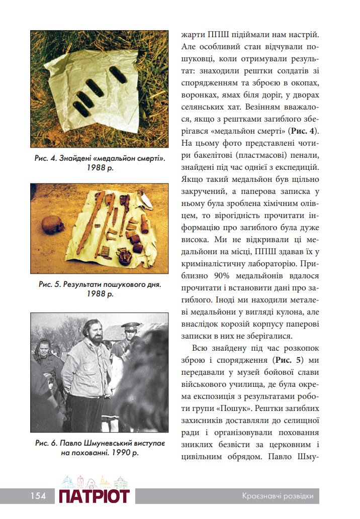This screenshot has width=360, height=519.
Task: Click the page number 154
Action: click(x=38, y=496)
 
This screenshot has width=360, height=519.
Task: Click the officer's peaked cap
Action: click(x=131, y=326)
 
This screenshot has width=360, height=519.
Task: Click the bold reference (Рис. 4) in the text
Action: click(x=303, y=132)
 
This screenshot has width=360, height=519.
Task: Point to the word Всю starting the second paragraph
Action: click(x=199, y=348)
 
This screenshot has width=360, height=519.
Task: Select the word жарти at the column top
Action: click(x=192, y=35)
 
